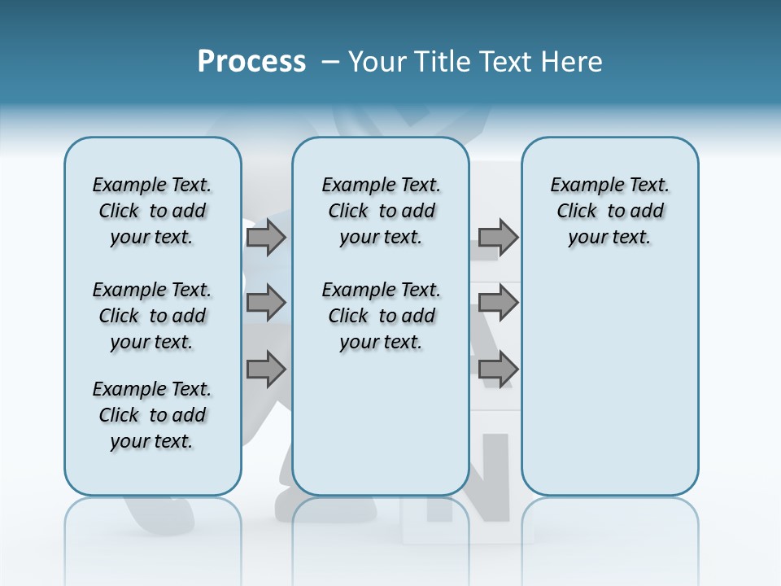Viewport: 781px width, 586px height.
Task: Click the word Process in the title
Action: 251,62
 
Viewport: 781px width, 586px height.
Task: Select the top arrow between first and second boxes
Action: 266,237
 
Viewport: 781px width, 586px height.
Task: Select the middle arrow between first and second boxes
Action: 266,303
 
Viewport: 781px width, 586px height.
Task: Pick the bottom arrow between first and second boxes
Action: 266,370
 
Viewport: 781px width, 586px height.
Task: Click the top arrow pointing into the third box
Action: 498,237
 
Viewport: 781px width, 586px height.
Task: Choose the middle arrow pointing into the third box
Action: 498,303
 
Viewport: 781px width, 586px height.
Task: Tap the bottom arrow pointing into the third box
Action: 498,370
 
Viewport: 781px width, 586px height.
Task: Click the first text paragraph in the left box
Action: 152,211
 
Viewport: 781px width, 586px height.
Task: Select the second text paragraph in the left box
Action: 152,316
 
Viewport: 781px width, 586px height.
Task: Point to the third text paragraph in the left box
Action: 152,415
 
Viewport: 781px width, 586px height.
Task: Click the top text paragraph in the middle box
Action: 381,211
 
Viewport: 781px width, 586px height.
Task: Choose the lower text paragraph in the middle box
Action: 381,316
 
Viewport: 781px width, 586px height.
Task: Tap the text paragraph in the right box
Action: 609,211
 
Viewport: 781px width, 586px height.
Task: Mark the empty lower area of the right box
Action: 609,383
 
